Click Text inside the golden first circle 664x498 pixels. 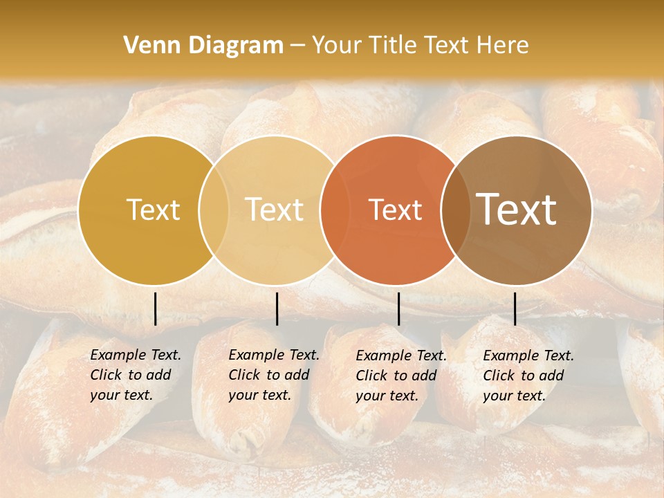point(153,210)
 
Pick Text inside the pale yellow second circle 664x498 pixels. point(274,210)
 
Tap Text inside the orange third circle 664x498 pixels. point(395,210)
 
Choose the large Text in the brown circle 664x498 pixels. point(517,210)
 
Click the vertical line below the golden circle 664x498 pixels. point(155,308)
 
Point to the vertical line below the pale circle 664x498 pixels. point(277,308)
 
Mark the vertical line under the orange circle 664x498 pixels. point(398,308)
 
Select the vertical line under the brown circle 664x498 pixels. point(515,308)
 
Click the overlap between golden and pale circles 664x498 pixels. point(214,210)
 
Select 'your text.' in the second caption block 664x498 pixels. point(259,396)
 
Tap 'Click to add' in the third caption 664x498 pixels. point(396,376)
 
